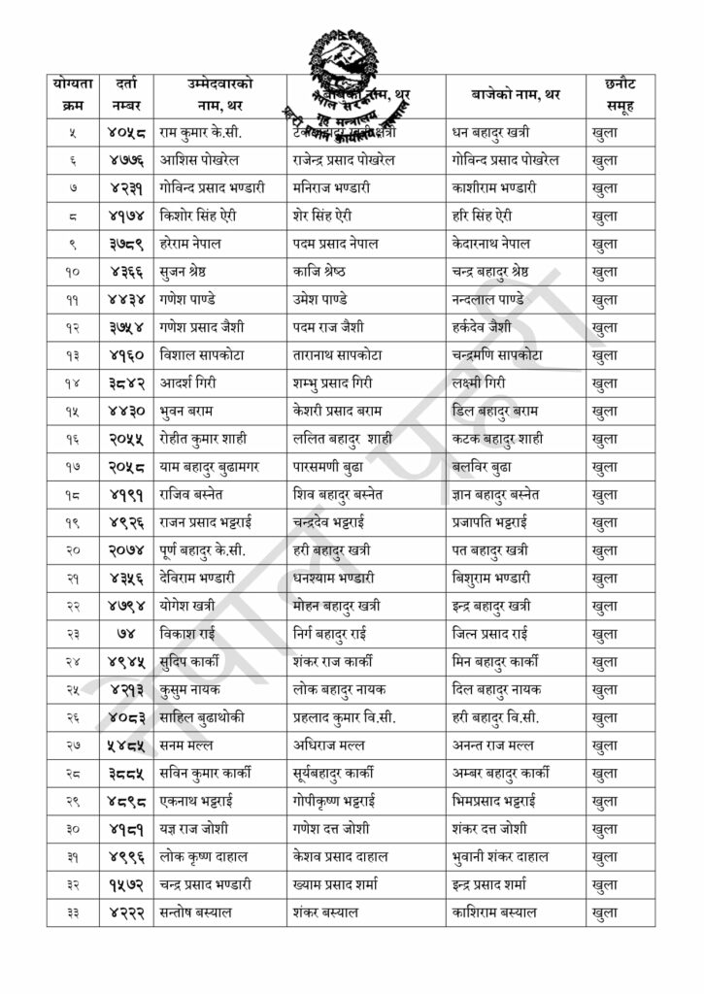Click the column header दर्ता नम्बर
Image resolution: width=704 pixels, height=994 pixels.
tap(125, 94)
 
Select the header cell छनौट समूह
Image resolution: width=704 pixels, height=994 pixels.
tap(620, 94)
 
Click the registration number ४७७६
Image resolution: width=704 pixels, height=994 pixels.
tap(125, 159)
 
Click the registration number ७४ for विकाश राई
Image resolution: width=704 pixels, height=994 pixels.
tap(125, 634)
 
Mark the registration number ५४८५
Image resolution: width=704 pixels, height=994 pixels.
tap(125, 745)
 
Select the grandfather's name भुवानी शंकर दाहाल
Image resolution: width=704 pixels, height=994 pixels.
tap(501, 857)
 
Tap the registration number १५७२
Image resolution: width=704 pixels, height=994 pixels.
tap(125, 885)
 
